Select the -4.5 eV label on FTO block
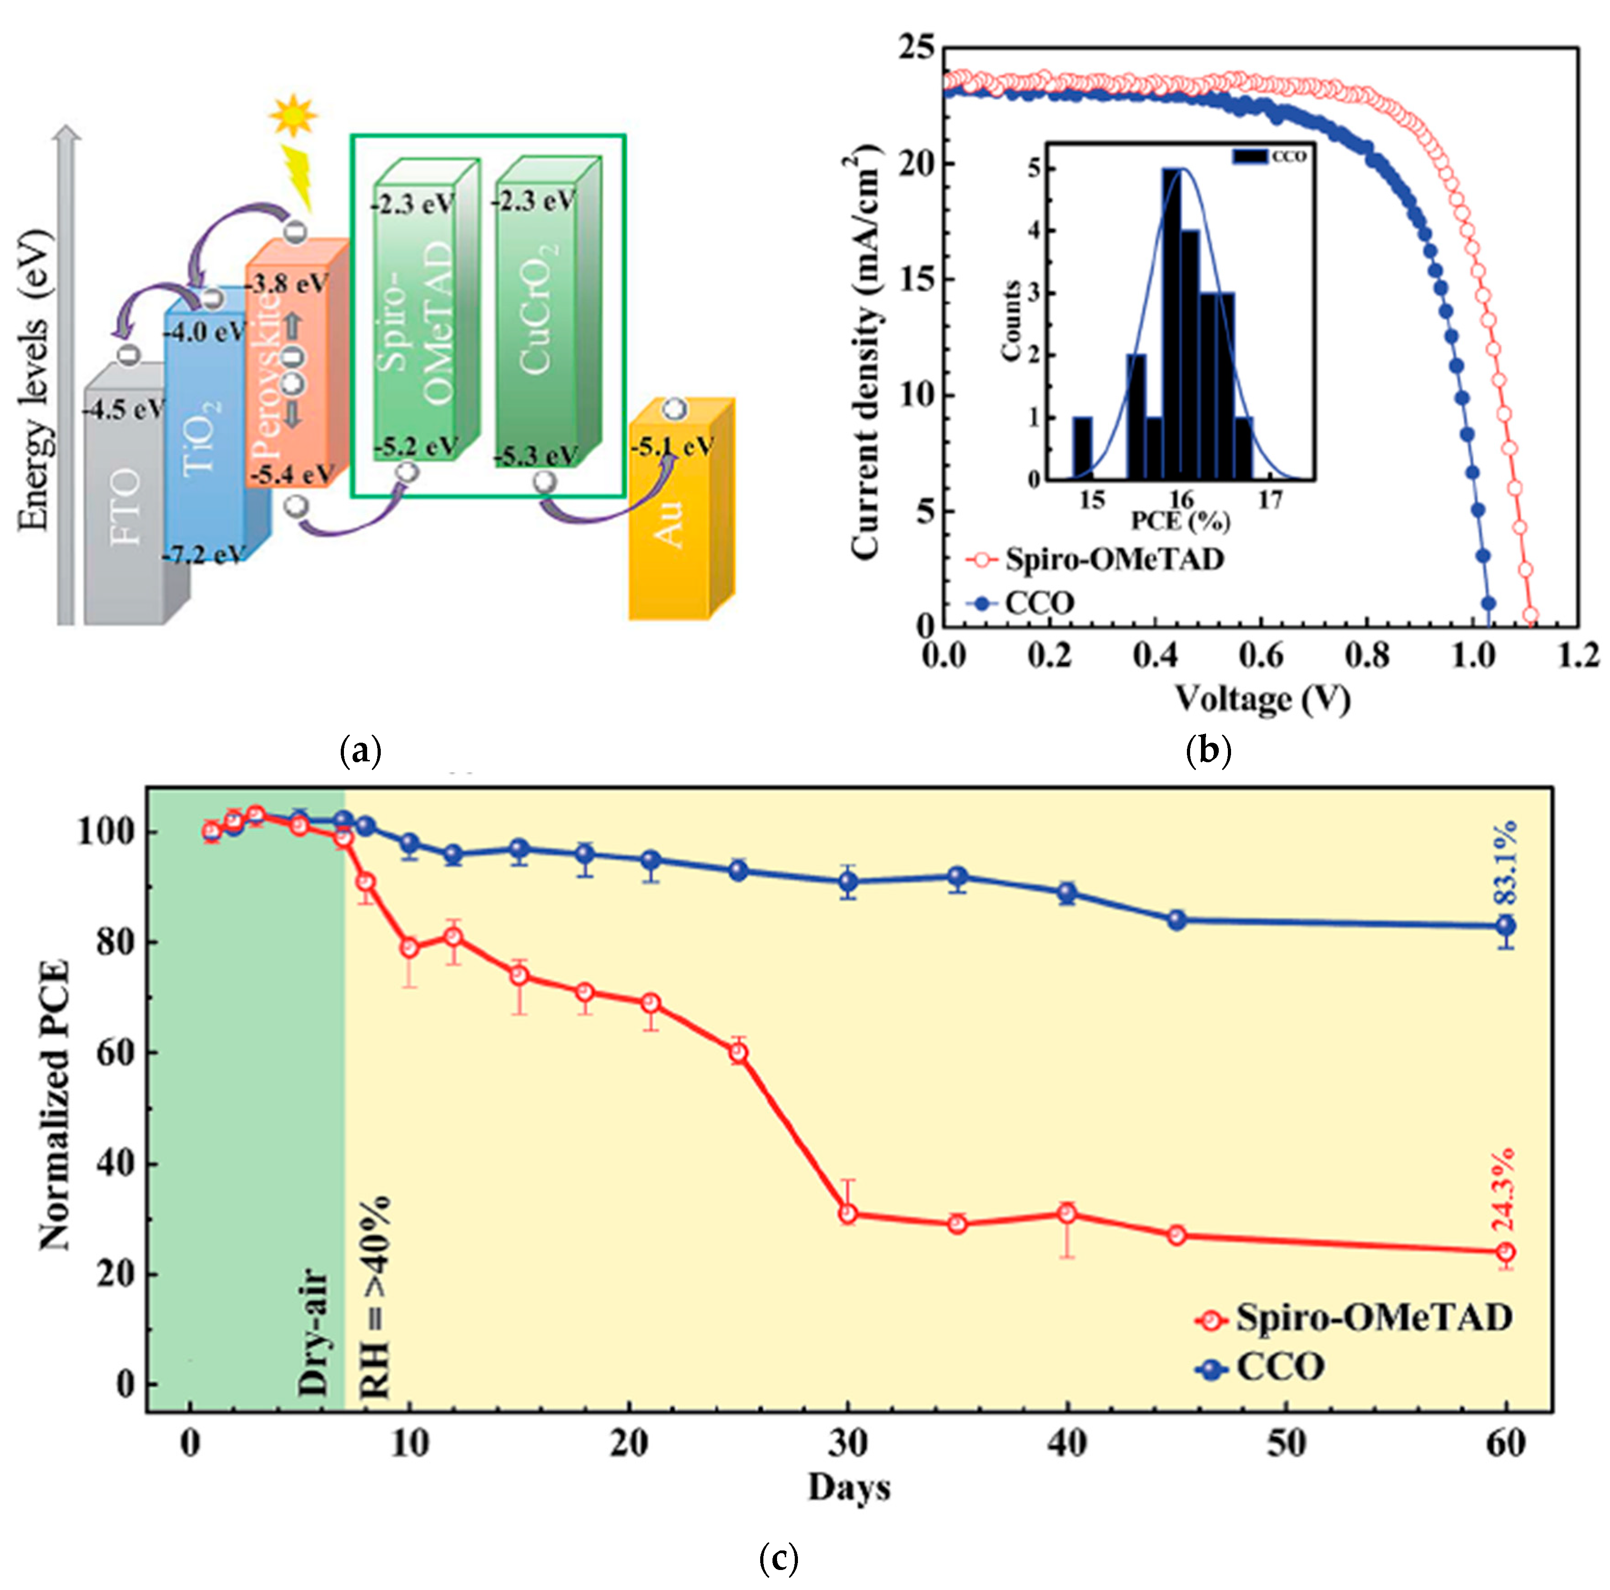coord(123,409)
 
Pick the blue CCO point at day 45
coord(1176,921)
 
